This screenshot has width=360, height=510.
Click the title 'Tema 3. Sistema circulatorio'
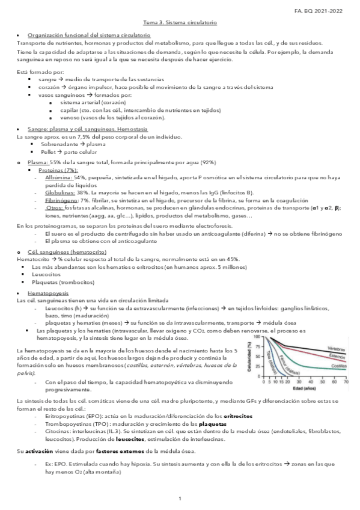tap(180, 22)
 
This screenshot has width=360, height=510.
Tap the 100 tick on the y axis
tap(258, 337)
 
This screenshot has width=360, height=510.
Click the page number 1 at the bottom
tap(180, 499)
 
